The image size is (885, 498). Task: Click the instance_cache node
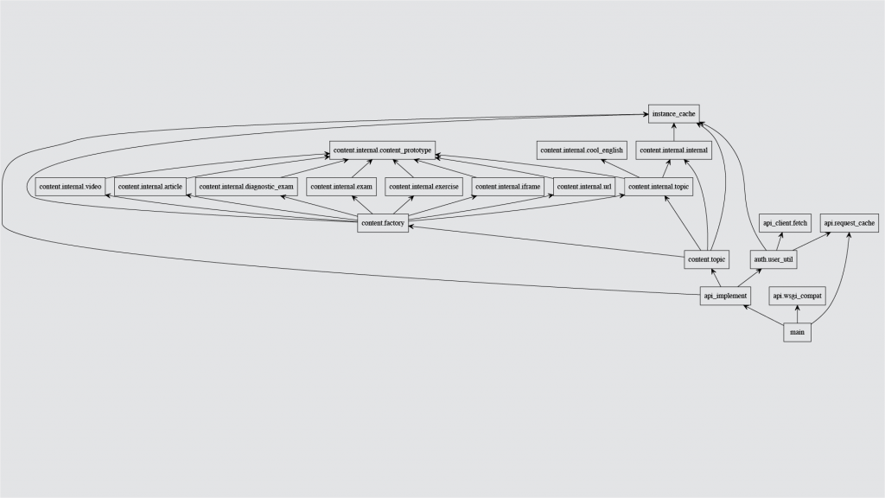coord(673,113)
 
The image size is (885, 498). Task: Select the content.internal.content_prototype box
coord(382,150)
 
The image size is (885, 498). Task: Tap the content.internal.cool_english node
coord(581,150)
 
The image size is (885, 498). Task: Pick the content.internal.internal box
coord(673,150)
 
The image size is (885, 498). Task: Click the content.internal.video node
coord(70,187)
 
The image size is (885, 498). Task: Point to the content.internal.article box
coord(150,187)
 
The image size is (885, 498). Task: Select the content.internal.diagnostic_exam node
coord(246,187)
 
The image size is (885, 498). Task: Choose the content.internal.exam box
coord(341,187)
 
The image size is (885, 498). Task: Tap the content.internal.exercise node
coord(423,187)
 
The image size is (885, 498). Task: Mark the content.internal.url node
coord(584,187)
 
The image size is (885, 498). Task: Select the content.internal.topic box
coord(659,187)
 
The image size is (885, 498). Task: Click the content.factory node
coord(382,224)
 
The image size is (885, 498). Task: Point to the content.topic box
coord(706,259)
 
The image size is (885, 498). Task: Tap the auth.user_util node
coord(774,259)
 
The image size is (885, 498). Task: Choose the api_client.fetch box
coord(784,223)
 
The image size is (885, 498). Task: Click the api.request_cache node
coord(850,223)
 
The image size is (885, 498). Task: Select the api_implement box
coord(724,297)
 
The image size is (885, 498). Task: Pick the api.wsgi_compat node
coord(798,297)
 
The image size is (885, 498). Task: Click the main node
coord(798,332)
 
